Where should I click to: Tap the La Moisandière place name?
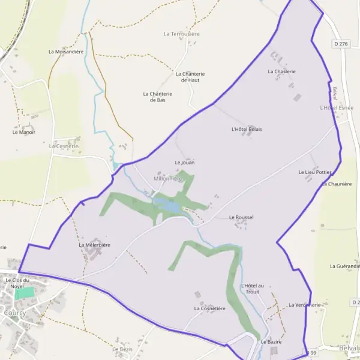tap(65, 52)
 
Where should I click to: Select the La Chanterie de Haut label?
tap(187, 77)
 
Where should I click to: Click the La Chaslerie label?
tap(281, 71)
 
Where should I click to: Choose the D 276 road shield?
tap(341, 44)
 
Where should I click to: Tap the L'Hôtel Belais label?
tap(247, 129)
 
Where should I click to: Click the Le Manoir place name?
tap(24, 132)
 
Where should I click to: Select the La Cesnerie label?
tap(64, 146)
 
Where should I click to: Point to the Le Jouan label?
tap(185, 163)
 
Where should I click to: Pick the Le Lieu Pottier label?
tap(315, 172)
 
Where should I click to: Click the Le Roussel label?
tap(241, 217)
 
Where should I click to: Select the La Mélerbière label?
tap(94, 245)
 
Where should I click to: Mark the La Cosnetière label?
tap(209, 308)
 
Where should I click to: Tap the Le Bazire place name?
tap(271, 341)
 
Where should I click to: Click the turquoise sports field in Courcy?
tap(25, 293)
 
